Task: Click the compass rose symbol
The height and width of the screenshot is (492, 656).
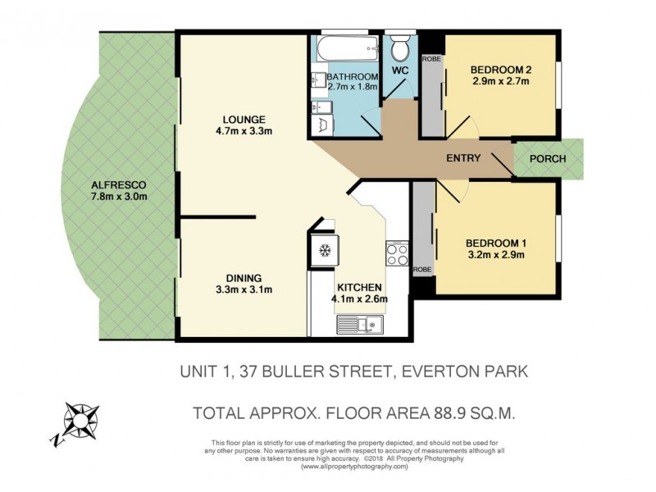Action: point(80,422)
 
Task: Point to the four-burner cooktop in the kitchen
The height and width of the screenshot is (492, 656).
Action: point(397,253)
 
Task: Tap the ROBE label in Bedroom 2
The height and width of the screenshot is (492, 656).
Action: point(430,60)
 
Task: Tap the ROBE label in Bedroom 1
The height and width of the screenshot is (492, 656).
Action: point(422,270)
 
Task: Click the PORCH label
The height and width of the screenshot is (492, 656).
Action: point(548,158)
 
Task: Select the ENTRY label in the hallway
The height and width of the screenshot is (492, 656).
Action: point(463,158)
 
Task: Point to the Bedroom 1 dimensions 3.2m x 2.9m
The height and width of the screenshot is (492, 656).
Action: point(494,255)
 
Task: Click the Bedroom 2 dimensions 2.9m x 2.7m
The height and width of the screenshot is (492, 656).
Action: point(500,81)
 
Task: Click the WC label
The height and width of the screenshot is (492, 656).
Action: point(400,71)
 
